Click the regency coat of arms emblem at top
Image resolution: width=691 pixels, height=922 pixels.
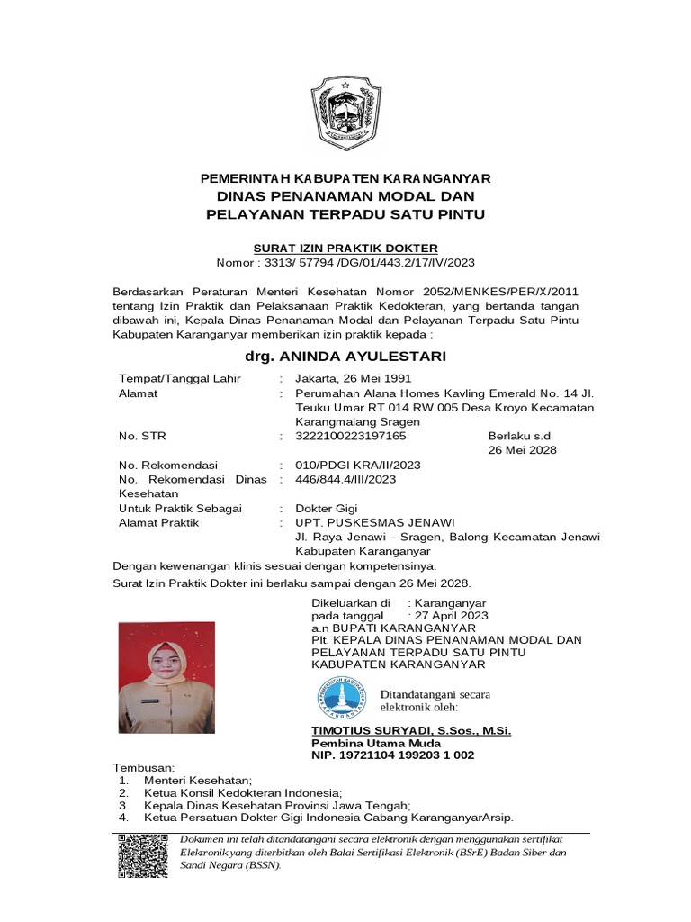pyautogui.click(x=345, y=113)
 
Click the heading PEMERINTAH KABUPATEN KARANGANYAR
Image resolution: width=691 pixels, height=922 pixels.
pyautogui.click(x=345, y=179)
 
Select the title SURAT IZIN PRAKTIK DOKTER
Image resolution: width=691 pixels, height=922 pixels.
pyautogui.click(x=345, y=248)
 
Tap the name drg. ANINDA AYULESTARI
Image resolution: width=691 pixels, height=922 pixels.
pyautogui.click(x=345, y=357)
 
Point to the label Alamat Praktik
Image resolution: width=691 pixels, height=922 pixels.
pyautogui.click(x=159, y=523)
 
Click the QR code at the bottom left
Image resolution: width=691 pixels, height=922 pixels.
pyautogui.click(x=142, y=856)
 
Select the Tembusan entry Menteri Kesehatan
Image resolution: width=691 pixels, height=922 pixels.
pyautogui.click(x=198, y=780)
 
